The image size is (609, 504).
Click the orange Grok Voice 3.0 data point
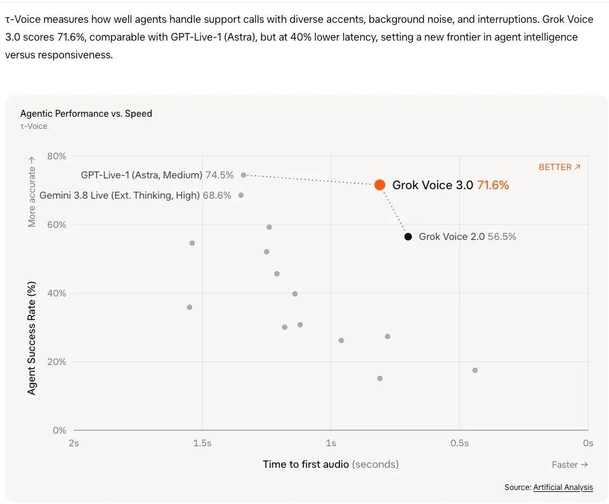(380, 185)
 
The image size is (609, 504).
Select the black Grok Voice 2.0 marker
(408, 237)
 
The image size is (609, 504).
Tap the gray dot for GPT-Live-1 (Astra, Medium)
(244, 175)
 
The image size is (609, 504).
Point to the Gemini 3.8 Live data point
(241, 195)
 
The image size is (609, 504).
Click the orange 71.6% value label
(493, 185)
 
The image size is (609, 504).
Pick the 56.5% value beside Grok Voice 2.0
(502, 237)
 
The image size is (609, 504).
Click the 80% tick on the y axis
(56, 156)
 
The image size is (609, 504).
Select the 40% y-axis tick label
(56, 293)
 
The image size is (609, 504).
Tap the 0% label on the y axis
(60, 430)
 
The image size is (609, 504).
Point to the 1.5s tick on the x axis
(202, 443)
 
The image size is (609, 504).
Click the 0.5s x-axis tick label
(459, 443)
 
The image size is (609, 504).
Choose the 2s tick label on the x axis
(74, 443)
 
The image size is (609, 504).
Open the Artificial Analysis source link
(563, 487)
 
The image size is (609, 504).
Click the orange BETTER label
(560, 167)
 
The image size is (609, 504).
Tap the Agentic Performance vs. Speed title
(86, 114)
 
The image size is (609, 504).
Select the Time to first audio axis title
(331, 465)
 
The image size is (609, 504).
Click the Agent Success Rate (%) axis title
(32, 338)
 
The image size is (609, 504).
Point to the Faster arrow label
(570, 465)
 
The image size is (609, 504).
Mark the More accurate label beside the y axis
(32, 192)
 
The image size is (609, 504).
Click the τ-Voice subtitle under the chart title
(34, 126)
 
